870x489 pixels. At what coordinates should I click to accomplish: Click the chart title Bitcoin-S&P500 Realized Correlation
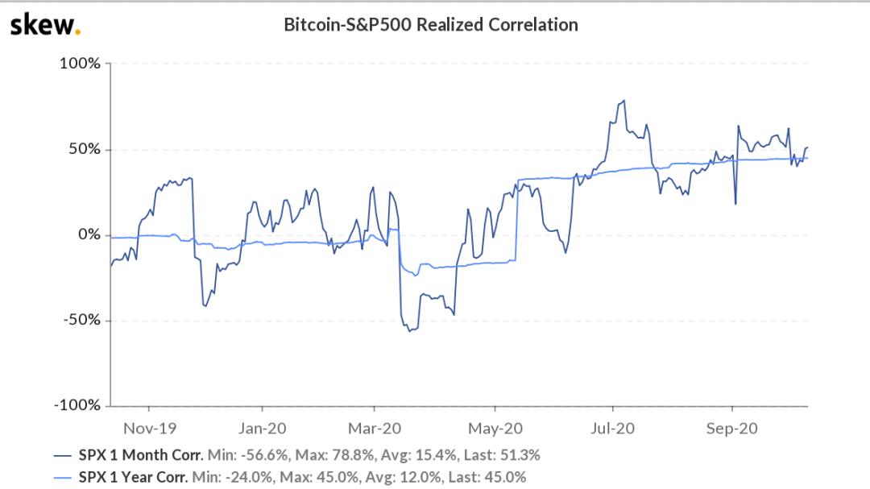tap(431, 25)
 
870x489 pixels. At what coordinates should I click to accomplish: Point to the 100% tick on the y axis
tap(80, 64)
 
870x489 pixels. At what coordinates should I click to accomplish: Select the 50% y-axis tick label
tap(84, 149)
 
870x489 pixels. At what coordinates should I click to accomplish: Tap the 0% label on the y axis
tap(88, 234)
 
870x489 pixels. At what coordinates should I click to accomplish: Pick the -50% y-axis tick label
tap(81, 320)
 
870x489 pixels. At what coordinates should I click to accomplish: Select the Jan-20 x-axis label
tap(263, 428)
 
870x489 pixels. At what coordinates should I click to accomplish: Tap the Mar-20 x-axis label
tap(377, 428)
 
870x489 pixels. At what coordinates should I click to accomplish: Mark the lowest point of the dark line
tap(409, 331)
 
